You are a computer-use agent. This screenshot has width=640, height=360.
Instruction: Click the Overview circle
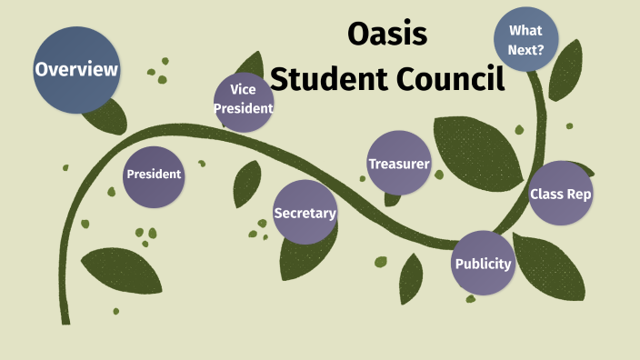click(x=76, y=69)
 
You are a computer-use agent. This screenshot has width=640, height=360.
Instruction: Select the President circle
click(x=154, y=175)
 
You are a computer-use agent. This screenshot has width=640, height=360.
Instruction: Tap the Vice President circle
click(x=244, y=100)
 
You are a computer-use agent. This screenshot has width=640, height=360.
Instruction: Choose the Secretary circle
click(x=305, y=213)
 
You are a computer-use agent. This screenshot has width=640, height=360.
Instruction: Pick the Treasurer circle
click(x=398, y=164)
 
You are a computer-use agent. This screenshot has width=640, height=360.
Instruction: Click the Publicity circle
click(x=483, y=264)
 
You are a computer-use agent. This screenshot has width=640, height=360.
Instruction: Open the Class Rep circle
click(x=561, y=193)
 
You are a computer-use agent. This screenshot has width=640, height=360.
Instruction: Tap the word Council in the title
click(x=450, y=80)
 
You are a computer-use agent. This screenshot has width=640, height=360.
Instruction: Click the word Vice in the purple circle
click(x=243, y=90)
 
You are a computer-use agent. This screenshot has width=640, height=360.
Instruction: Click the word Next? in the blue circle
click(x=527, y=51)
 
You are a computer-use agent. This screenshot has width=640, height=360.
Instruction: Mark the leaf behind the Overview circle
click(x=109, y=115)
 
